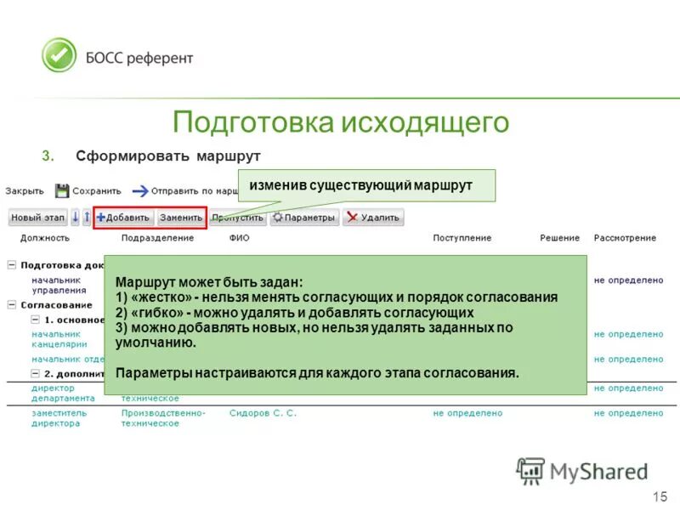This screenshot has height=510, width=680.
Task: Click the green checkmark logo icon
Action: (59, 56)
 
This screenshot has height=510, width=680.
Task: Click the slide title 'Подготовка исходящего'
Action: (340, 122)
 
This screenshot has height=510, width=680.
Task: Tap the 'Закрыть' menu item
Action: (25, 191)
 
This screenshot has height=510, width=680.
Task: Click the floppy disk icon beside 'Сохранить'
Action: (62, 191)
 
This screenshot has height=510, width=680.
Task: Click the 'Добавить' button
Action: (123, 218)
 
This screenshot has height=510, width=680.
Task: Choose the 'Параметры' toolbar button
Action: (304, 218)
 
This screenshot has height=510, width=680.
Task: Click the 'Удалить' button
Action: (372, 218)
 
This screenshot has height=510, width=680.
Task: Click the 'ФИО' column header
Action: (239, 239)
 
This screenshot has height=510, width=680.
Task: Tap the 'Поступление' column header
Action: (462, 239)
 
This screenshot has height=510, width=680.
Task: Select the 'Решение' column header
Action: (559, 239)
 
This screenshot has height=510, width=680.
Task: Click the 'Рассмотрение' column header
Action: (625, 239)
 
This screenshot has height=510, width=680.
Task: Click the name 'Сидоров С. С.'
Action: (263, 413)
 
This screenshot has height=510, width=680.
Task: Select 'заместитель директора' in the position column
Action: (56, 418)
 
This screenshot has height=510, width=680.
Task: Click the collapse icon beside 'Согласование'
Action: (12, 304)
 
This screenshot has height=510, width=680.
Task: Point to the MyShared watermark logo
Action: (582, 471)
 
